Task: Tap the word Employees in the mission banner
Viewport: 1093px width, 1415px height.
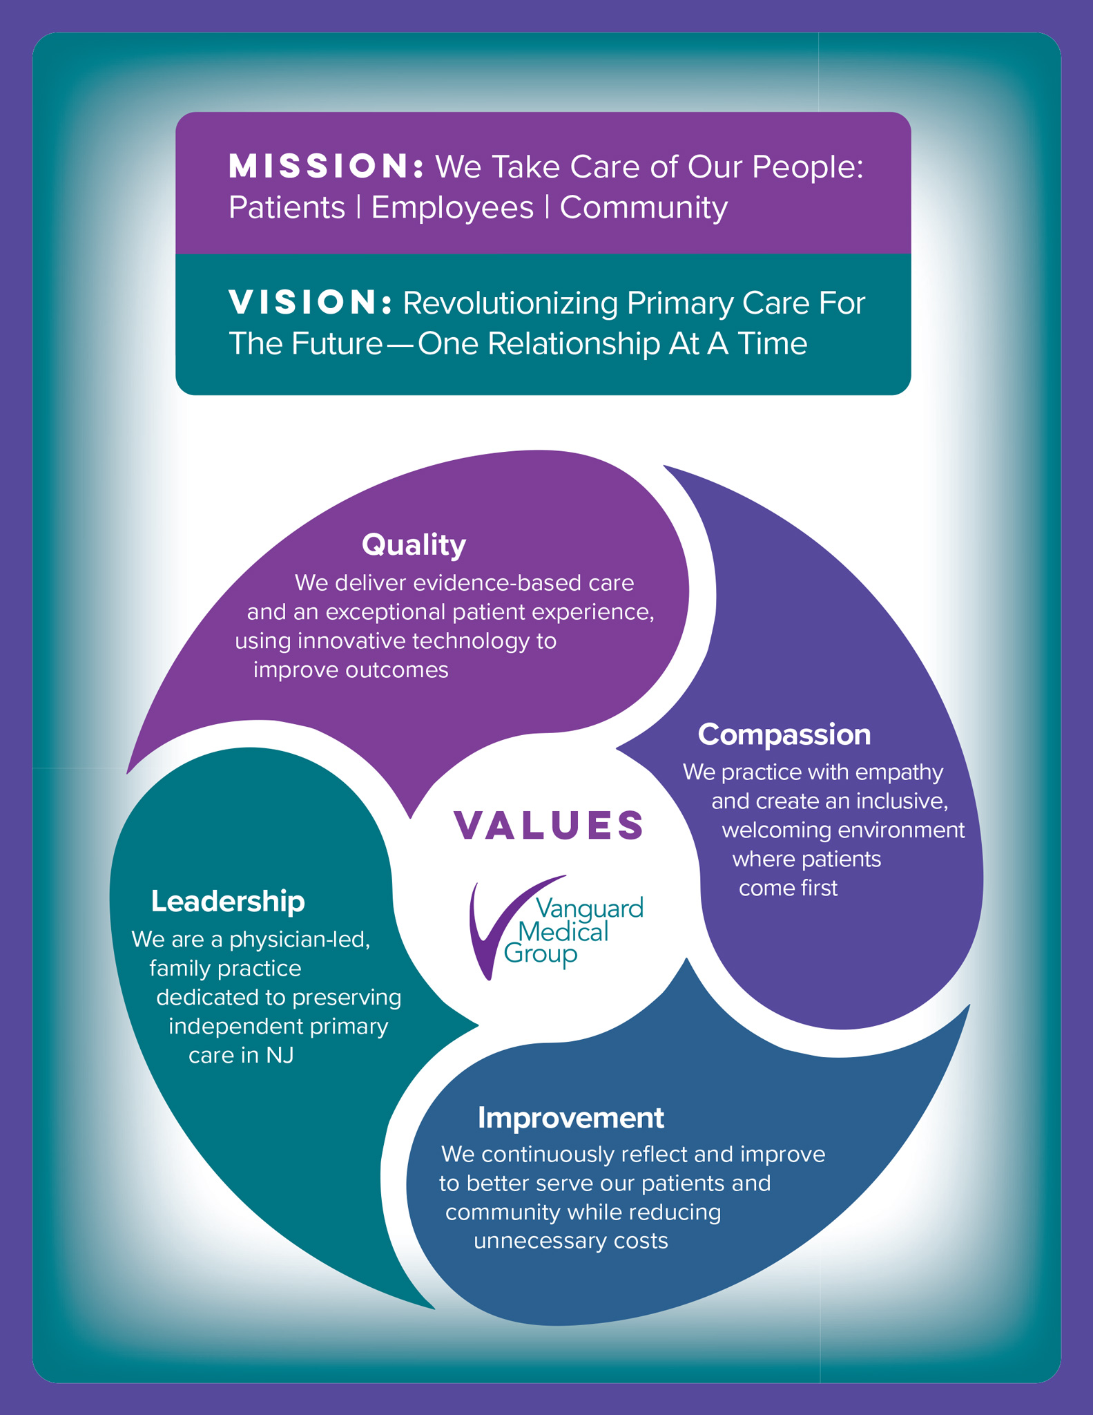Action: [452, 208]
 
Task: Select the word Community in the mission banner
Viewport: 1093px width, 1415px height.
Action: [644, 208]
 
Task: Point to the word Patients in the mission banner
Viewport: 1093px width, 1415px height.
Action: [287, 208]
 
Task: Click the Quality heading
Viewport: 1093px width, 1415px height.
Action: [414, 545]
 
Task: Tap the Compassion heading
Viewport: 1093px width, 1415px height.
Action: [784, 734]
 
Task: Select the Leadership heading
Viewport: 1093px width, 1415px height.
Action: [228, 902]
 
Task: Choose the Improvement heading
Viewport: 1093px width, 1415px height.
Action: [570, 1118]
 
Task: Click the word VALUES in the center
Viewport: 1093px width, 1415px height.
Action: [549, 826]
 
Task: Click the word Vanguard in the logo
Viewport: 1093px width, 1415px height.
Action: [589, 907]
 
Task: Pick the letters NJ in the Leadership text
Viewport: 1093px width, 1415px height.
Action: [280, 1056]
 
